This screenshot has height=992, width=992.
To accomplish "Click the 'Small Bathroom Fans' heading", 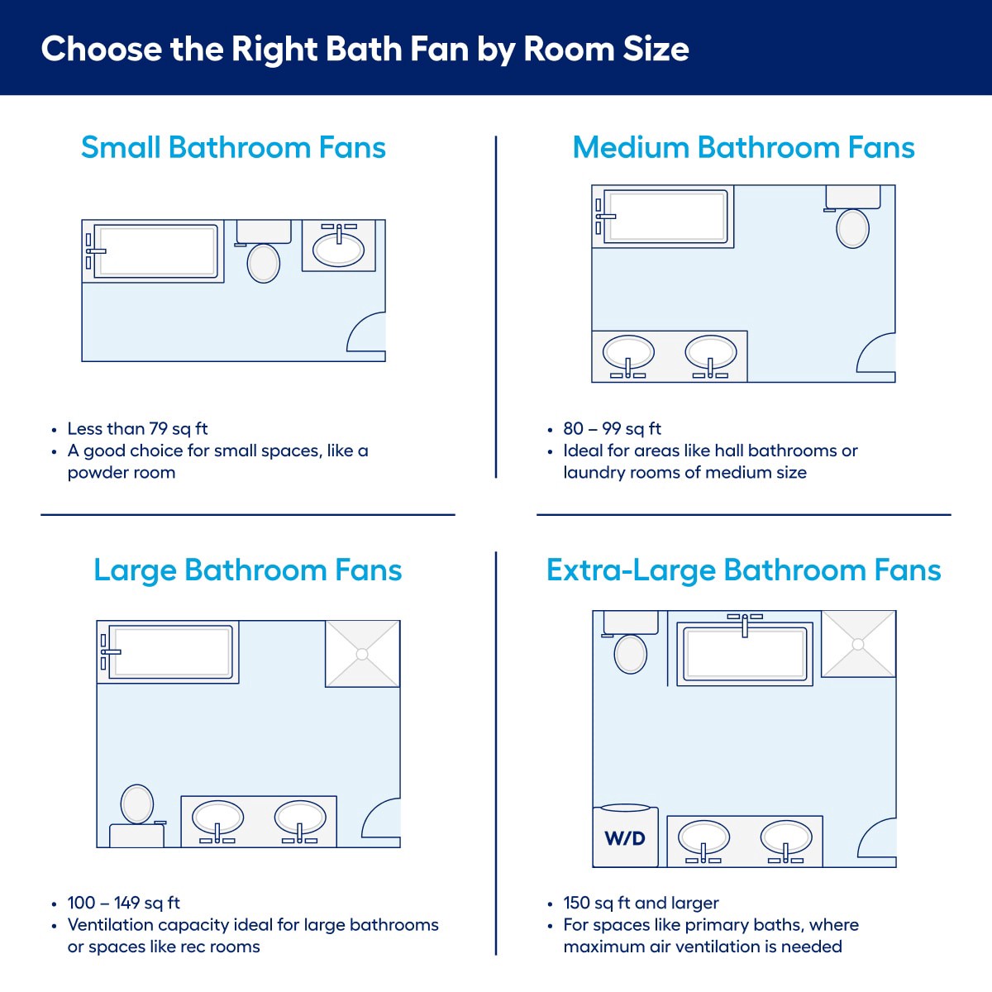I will click(233, 148).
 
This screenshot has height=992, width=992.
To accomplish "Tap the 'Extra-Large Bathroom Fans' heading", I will click(743, 570).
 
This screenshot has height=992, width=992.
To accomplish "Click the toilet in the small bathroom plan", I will click(264, 261).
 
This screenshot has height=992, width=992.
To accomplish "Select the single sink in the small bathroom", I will click(339, 248).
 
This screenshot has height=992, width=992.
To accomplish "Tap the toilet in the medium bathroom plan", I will click(852, 227).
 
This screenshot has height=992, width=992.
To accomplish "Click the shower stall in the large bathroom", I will click(362, 654).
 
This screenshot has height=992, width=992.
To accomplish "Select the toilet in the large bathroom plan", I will click(137, 804).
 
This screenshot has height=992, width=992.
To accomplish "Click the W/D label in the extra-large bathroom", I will click(625, 838).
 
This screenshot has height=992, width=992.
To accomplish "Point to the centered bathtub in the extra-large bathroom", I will click(745, 653).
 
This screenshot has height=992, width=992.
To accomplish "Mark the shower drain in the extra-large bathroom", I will click(859, 644).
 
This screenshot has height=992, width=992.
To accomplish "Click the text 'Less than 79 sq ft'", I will click(137, 429).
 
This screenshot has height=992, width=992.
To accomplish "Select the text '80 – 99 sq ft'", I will click(612, 429).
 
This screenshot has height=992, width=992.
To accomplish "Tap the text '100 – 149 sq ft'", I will click(123, 903).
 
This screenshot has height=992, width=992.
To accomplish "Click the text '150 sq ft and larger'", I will click(641, 903).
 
